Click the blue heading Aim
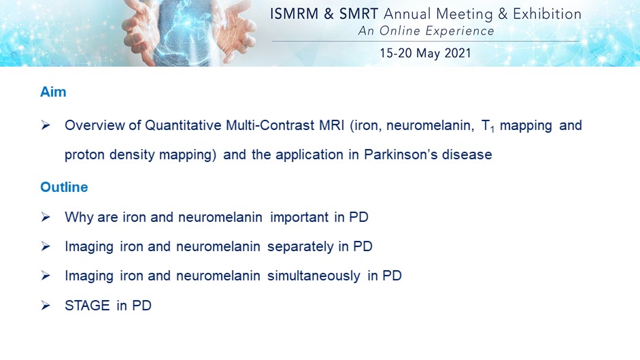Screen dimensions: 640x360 coord(53,92)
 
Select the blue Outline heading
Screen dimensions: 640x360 coord(64,187)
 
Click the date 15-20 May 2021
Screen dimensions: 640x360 coord(425,53)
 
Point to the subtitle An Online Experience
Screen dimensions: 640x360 coord(426,31)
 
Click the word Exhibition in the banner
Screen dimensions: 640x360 coord(547,14)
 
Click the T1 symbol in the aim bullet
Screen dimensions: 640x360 coord(488,126)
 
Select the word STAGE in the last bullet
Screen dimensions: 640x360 coord(87,306)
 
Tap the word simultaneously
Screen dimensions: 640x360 coord(314,276)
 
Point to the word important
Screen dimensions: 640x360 coord(299,217)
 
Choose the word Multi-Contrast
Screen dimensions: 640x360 coord(270,125)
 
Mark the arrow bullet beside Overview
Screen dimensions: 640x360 coord(46,125)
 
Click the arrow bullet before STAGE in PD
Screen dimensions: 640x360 coord(46,306)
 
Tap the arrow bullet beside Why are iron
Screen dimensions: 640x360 coord(46,217)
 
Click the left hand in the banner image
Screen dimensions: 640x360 coord(141,35)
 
